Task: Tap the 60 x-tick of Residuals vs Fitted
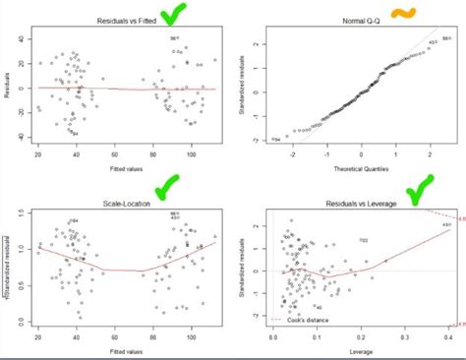114,153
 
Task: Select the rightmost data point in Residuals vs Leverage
443,225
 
